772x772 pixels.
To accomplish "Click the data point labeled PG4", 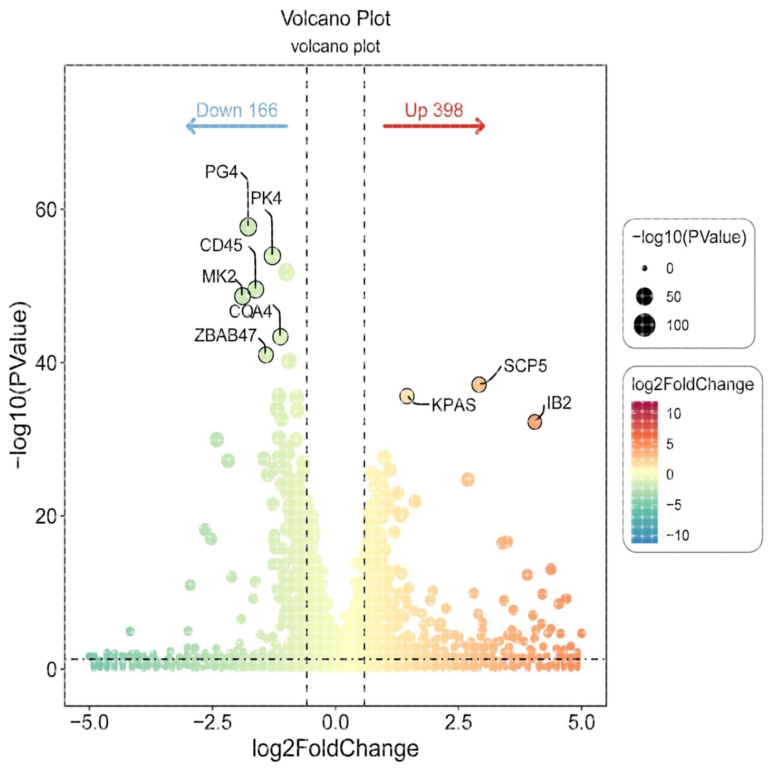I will click(x=248, y=227).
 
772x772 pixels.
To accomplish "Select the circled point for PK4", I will click(x=272, y=256).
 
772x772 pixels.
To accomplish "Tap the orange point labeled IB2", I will click(x=535, y=421).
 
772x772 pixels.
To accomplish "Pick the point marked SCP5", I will click(x=479, y=385).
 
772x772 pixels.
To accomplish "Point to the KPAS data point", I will click(x=407, y=396).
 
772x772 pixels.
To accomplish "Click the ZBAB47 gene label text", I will click(x=225, y=335).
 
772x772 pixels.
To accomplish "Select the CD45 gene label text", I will click(x=221, y=245).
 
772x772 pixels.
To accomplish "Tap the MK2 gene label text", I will click(x=219, y=276).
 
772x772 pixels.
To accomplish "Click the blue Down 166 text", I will click(x=237, y=110).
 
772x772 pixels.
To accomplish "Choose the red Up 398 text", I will click(x=434, y=110).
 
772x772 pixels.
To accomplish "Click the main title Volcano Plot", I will click(x=335, y=18).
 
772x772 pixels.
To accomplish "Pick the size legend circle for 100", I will click(x=644, y=325).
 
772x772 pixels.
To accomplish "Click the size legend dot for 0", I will click(x=644, y=268).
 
